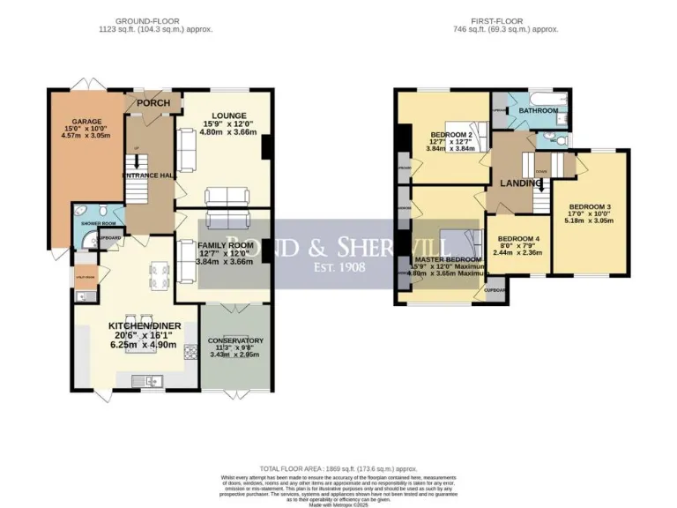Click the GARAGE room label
coord(87,121)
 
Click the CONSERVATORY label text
coord(235,340)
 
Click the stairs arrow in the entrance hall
coord(137,164)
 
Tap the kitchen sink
coord(150,381)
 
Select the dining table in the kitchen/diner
coord(160,275)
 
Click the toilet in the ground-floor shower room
coord(105,212)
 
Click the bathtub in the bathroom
coord(539,99)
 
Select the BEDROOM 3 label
coord(597,206)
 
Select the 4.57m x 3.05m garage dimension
coord(87,136)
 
